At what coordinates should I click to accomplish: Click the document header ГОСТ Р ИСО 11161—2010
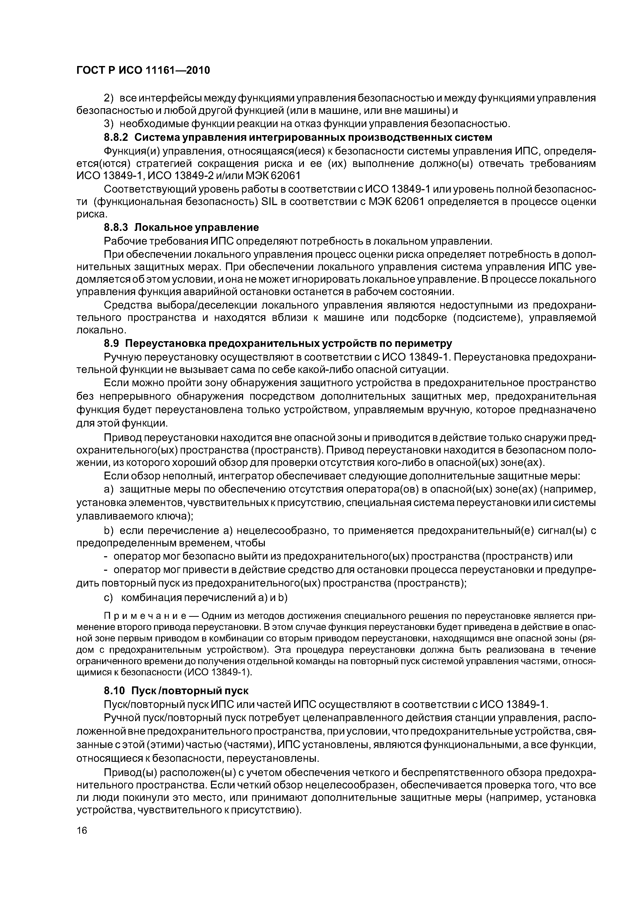[143, 70]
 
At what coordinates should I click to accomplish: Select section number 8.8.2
[116, 138]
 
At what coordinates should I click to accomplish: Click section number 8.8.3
[116, 228]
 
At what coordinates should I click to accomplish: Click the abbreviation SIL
[269, 202]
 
